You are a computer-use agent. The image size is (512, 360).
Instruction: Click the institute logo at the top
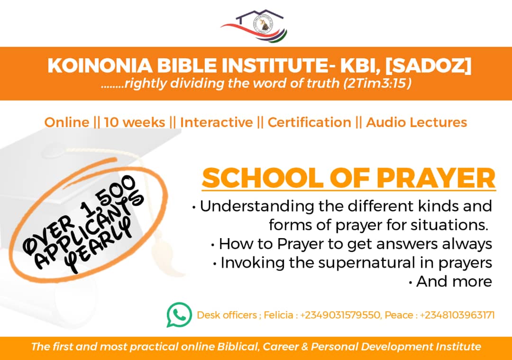click(x=254, y=26)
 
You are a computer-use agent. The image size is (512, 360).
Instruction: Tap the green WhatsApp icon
click(x=179, y=314)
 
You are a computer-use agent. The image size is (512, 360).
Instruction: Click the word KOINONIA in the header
click(x=100, y=65)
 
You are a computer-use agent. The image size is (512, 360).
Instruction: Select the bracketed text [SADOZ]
click(x=428, y=65)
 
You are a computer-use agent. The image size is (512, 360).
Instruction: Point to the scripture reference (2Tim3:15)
click(x=377, y=83)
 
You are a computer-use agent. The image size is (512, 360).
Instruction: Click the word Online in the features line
click(x=67, y=122)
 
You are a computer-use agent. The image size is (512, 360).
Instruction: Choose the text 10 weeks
click(x=135, y=122)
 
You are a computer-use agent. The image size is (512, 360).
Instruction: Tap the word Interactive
click(x=217, y=122)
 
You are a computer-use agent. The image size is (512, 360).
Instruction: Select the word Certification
click(x=310, y=122)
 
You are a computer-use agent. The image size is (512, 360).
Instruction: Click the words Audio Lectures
click(x=417, y=122)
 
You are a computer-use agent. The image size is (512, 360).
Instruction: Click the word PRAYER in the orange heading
click(x=436, y=178)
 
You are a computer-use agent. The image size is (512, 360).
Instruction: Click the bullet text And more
click(x=454, y=282)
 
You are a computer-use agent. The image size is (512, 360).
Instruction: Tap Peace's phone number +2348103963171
click(x=457, y=315)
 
